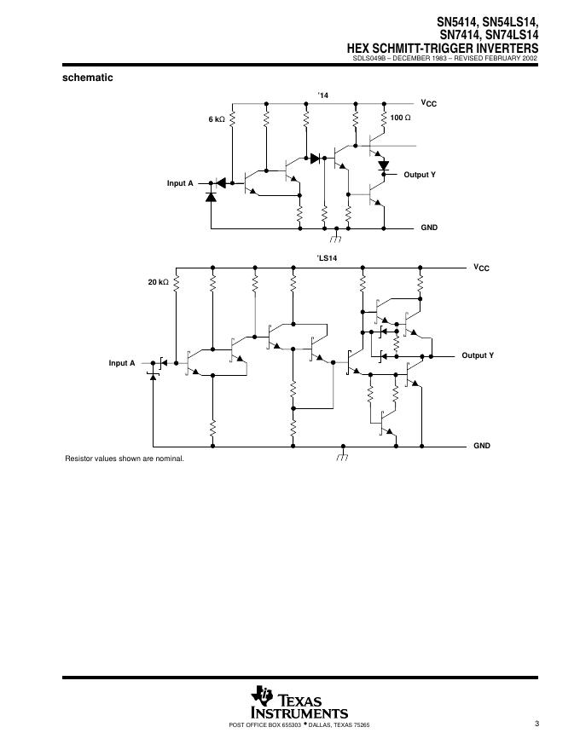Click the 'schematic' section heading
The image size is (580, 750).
click(x=88, y=78)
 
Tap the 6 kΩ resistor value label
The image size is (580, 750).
click(x=217, y=119)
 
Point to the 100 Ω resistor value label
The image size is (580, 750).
click(x=400, y=117)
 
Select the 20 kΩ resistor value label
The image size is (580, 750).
click(x=159, y=281)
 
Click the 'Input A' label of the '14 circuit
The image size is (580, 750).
click(x=180, y=183)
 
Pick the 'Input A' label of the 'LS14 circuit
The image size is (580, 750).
click(x=122, y=363)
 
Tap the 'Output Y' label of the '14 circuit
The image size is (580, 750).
click(x=420, y=175)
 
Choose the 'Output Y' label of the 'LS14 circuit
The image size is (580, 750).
click(x=478, y=355)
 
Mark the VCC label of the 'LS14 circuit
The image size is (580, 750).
click(x=482, y=268)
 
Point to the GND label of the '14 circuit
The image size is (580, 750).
click(x=429, y=228)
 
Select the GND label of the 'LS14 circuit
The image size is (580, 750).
click(x=482, y=446)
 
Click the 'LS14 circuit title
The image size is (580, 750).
click(x=328, y=257)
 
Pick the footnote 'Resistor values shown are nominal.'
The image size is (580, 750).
click(x=125, y=459)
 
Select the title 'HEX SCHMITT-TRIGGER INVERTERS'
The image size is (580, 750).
click(x=442, y=49)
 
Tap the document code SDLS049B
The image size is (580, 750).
click(x=371, y=59)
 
